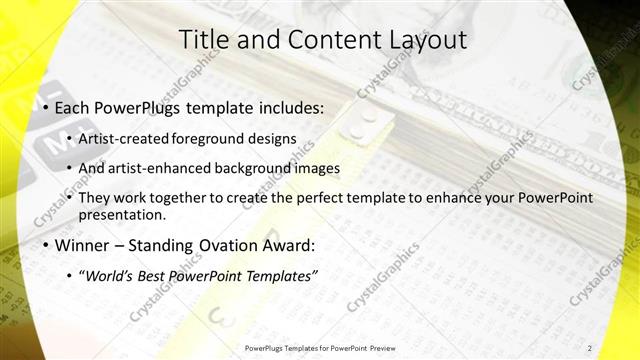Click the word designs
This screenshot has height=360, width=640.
(x=273, y=138)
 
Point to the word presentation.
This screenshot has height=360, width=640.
(x=121, y=214)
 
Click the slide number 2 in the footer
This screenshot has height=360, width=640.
(x=590, y=348)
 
